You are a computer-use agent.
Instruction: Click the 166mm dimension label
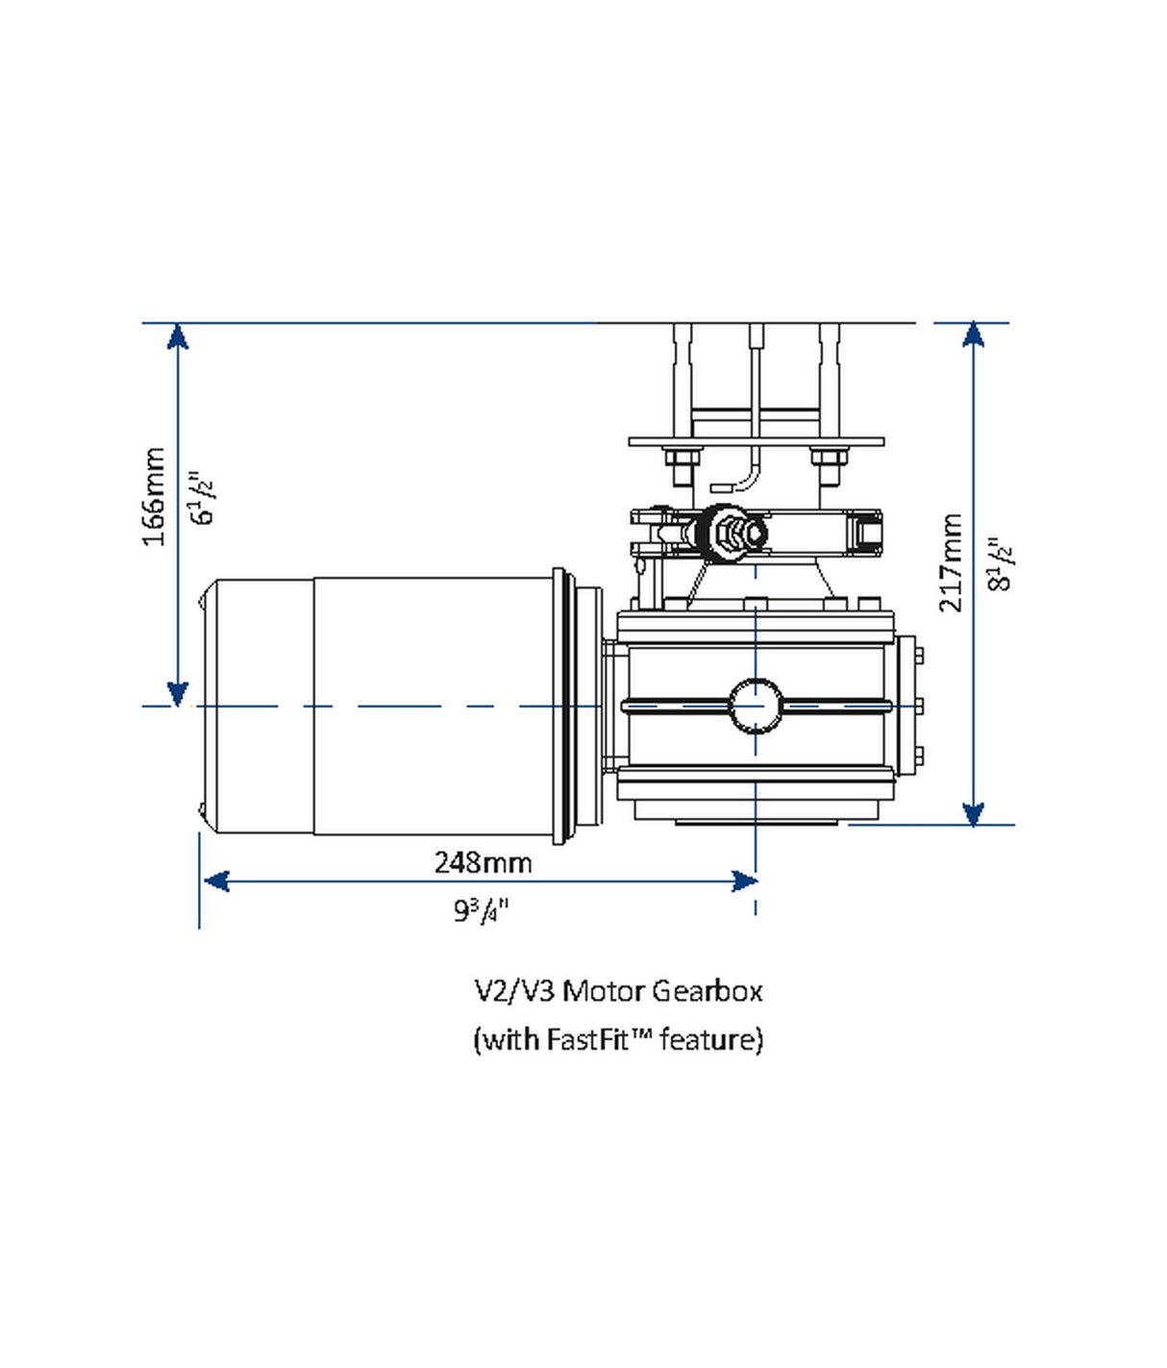coord(154,496)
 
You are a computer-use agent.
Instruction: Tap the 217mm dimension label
coord(950,562)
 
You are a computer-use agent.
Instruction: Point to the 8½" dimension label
coord(1000,564)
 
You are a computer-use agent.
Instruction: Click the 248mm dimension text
coord(483,862)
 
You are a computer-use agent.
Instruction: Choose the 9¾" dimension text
coord(481,909)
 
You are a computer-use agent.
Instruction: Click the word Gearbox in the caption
coord(707,990)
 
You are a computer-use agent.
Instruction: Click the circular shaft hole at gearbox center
coord(756,706)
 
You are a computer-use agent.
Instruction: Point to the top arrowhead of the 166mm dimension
coord(177,336)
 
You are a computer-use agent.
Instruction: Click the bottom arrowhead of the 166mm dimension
coord(177,693)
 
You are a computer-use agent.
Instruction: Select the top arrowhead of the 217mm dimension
coord(974,335)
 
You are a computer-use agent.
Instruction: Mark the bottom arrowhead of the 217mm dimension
coord(974,813)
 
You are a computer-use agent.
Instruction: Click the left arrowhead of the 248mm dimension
coord(216,881)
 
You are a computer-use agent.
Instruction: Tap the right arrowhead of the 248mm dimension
coord(744,881)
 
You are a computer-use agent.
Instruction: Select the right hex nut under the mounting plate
coord(828,457)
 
